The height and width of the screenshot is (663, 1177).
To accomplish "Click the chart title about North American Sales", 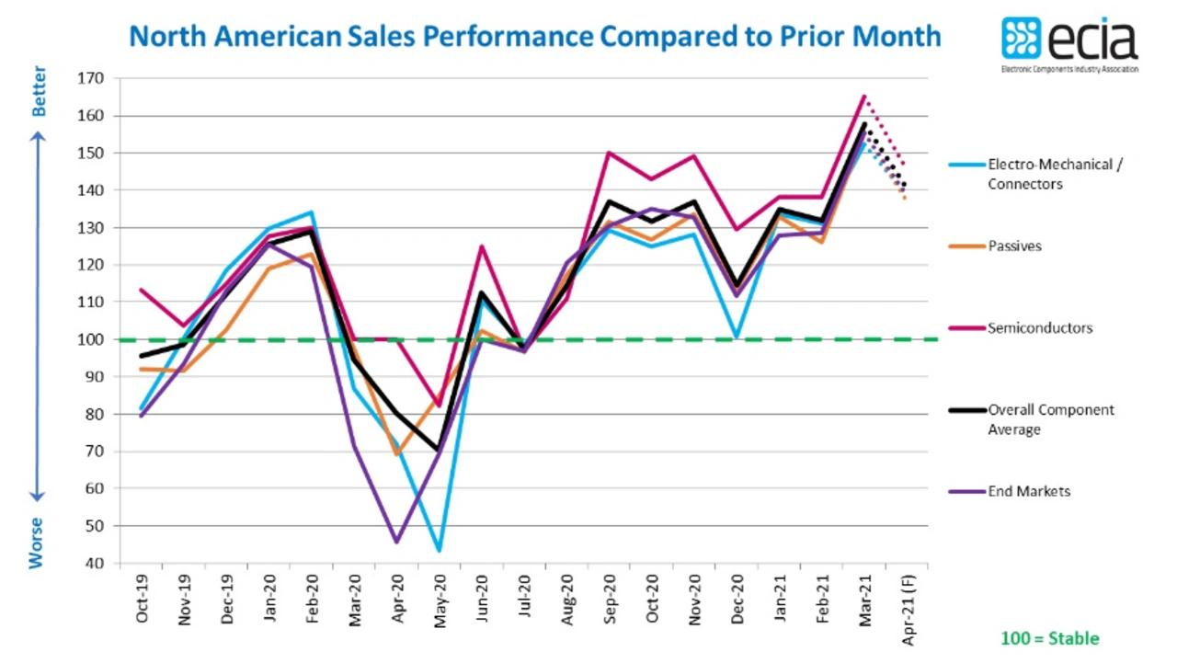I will point(534,36).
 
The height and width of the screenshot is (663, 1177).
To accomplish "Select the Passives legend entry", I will point(1014,246).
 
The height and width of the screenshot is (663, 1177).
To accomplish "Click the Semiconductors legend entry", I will point(1040,327).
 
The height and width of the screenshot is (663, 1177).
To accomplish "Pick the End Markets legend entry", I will point(1029,491).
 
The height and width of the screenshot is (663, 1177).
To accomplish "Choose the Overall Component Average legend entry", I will point(1050,418).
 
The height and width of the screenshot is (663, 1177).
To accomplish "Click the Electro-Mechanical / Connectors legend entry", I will point(1056,174).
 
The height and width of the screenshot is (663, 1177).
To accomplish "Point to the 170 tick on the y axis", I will point(92,79).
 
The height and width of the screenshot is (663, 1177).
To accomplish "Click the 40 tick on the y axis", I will point(96,563).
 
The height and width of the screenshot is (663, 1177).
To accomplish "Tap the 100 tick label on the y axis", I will point(92,339).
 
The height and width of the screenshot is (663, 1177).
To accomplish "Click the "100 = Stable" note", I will point(1049,638).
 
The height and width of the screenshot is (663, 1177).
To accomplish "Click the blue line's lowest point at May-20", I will point(440,551).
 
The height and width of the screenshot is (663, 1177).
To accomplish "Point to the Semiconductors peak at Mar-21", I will point(864,96).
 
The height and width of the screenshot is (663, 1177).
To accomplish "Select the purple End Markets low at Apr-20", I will point(397,542).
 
